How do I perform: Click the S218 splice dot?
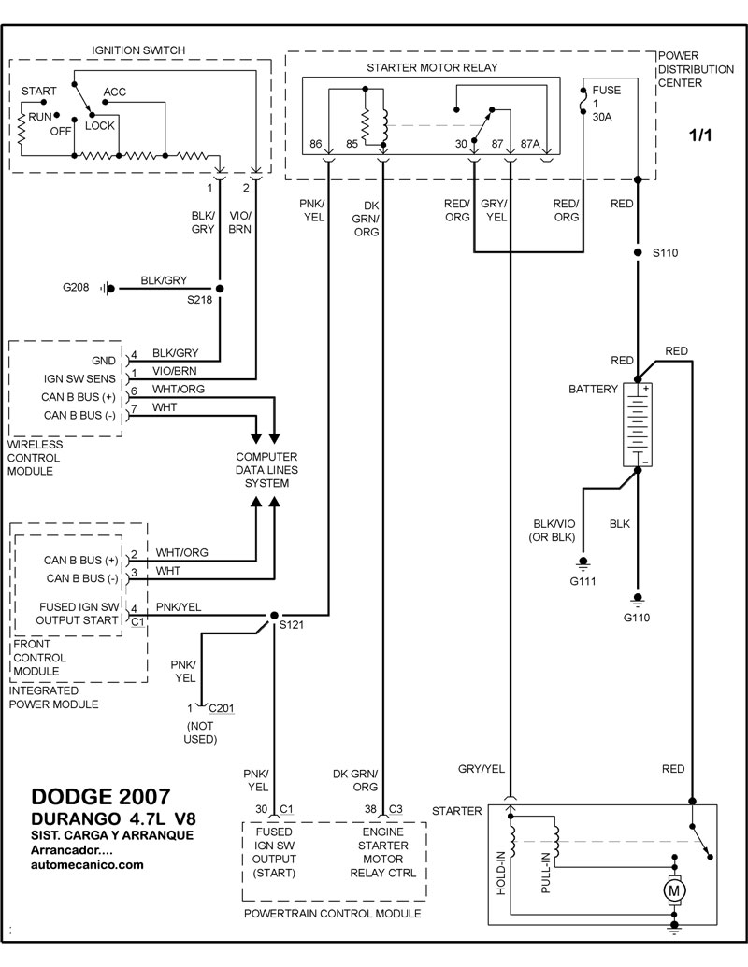[220, 289]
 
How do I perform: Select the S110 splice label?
[666, 253]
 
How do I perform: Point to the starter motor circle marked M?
[673, 891]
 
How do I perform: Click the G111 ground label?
[584, 581]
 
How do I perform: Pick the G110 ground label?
[638, 618]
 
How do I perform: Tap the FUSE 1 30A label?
[606, 105]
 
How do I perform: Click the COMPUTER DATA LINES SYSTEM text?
[266, 470]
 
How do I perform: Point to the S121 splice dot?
[272, 617]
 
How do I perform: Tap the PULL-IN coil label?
[545, 875]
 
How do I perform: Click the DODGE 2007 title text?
[101, 796]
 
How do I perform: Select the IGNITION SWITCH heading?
[139, 49]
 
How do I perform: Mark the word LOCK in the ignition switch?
[100, 123]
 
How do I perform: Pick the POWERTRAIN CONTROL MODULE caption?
[331, 913]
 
